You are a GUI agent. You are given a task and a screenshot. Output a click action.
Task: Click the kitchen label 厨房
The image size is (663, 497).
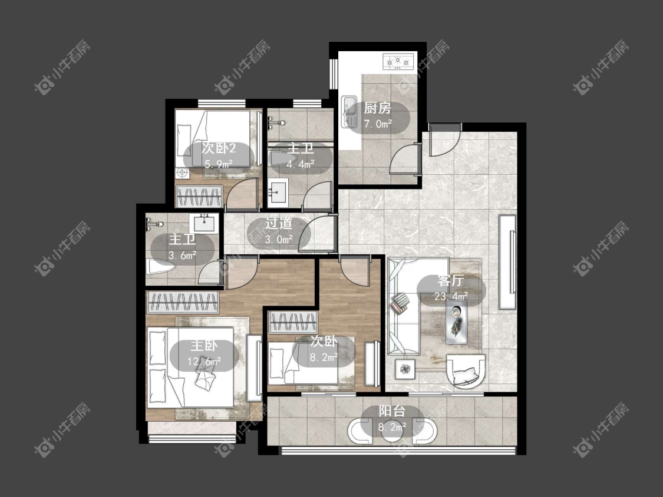click(377, 108)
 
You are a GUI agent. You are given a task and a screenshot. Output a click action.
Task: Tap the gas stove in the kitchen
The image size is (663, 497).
click(398, 62)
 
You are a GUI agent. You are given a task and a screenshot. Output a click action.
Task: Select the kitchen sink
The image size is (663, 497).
click(349, 111)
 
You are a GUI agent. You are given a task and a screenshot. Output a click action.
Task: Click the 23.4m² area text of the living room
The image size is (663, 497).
click(451, 296)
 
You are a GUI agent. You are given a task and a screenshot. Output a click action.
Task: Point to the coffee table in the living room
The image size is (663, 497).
click(456, 322)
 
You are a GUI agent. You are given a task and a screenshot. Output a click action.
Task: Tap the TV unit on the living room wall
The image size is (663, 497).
click(507, 262)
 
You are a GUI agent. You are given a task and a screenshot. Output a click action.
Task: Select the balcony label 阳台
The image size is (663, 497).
click(392, 411)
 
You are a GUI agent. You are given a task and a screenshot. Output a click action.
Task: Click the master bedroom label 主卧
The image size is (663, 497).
click(204, 346)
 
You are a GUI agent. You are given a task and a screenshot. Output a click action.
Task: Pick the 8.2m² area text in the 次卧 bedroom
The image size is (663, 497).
click(324, 357)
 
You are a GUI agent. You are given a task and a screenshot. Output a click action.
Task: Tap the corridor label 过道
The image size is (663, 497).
click(279, 223)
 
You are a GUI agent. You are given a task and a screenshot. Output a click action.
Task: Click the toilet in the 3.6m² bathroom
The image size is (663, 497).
click(161, 267)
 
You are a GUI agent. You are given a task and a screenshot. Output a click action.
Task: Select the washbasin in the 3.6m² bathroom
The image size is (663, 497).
click(204, 223)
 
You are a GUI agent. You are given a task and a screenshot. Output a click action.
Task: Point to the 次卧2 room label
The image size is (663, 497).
click(219, 148)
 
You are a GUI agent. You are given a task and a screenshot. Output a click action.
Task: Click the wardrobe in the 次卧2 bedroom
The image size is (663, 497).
click(199, 196)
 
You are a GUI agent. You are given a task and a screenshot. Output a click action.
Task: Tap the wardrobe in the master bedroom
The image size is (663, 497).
click(183, 302)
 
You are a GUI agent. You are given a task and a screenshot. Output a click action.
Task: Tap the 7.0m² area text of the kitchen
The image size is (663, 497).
click(378, 124)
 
